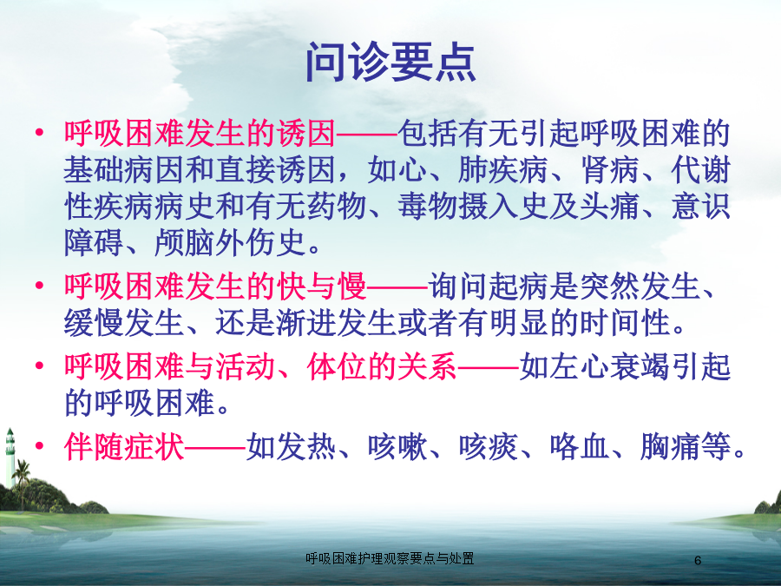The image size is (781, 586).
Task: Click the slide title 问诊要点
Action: pyautogui.click(x=391, y=62)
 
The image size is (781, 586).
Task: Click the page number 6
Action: pyautogui.click(x=698, y=560)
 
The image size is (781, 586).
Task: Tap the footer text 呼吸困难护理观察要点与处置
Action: pyautogui.click(x=390, y=558)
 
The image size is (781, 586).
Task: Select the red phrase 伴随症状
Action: pyautogui.click(x=124, y=446)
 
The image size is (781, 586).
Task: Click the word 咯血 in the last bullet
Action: pyautogui.click(x=580, y=446)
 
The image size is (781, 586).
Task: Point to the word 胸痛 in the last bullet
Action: pyautogui.click(x=671, y=446)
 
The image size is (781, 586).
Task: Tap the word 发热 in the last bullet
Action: pyautogui.click(x=306, y=446)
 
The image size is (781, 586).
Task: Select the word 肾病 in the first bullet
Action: pyautogui.click(x=610, y=170)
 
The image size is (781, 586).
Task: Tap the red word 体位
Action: pyautogui.click(x=337, y=366)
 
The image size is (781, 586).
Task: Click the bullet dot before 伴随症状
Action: pyautogui.click(x=39, y=445)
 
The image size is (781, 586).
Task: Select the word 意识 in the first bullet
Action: pyautogui.click(x=700, y=207)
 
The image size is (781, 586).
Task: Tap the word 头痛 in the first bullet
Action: pyautogui.click(x=610, y=207)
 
